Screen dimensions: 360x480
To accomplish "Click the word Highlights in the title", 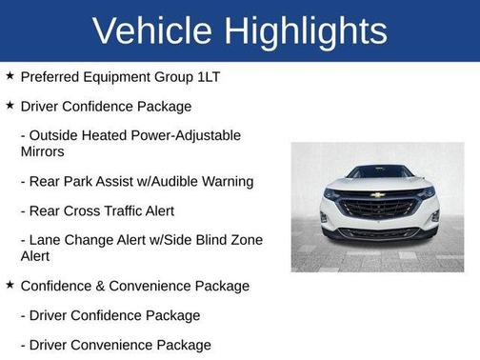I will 304,30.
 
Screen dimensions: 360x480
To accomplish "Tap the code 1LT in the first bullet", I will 207,75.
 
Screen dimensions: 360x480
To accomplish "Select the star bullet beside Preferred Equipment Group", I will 10,75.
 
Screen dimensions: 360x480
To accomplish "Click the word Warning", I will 226,181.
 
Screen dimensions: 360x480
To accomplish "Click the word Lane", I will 45,240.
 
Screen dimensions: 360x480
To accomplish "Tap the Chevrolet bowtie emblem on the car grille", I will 378,195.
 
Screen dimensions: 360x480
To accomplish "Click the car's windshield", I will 378,172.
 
